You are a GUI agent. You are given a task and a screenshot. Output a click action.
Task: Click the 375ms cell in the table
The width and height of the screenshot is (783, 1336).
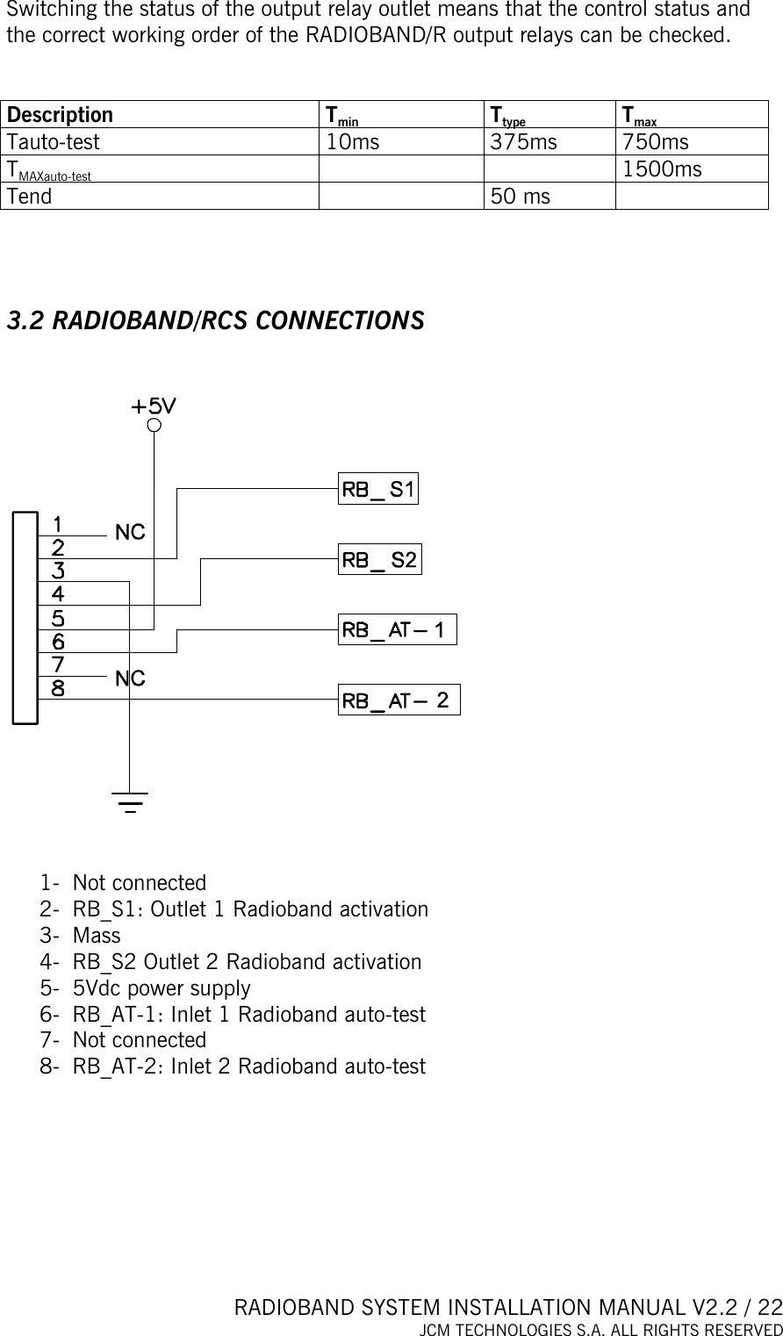point(523,142)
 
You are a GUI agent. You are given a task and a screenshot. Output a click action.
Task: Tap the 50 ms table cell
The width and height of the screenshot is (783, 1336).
point(521,197)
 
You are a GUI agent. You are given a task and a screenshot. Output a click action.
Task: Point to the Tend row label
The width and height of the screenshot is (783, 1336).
point(29,197)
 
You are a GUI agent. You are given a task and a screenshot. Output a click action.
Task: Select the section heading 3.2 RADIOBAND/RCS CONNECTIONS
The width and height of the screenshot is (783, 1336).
point(215,320)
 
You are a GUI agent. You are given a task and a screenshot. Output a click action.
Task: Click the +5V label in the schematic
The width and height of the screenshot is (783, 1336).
point(154,406)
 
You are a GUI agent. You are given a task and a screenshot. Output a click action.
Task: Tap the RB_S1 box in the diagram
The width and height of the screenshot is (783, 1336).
point(378,489)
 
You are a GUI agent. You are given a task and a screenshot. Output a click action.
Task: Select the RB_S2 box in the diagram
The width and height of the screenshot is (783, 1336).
point(379,559)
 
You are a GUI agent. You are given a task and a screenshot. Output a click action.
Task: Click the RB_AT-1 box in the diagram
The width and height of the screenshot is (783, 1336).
point(397,629)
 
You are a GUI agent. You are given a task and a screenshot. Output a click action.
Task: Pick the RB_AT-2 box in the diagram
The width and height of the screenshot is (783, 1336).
point(398,700)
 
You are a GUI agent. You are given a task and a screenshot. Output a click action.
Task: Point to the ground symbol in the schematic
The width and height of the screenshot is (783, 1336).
point(130,801)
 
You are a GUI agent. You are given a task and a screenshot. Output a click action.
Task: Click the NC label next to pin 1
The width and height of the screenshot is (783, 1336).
point(130,532)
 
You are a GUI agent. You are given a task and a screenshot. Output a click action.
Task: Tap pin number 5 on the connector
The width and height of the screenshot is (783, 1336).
point(57,618)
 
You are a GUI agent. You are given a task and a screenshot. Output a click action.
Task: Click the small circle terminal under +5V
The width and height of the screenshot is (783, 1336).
point(154,426)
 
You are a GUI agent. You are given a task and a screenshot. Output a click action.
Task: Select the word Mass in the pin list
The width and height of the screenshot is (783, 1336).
point(97,936)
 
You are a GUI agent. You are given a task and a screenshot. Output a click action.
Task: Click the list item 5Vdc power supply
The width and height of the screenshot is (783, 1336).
point(162,988)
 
